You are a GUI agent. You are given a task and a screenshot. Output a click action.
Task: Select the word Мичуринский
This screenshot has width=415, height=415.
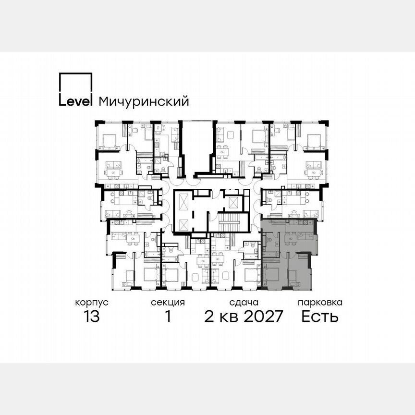(x=143, y=102)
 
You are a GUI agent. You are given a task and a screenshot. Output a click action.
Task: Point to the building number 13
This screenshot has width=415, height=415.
(x=91, y=317)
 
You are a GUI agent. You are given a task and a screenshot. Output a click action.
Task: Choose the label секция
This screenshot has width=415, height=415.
(x=168, y=303)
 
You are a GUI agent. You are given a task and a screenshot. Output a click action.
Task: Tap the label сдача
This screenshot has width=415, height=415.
(x=244, y=303)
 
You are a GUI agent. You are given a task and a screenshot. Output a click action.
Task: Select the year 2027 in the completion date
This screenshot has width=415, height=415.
(x=262, y=317)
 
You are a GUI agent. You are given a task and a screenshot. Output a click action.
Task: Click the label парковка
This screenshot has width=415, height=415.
(x=320, y=303)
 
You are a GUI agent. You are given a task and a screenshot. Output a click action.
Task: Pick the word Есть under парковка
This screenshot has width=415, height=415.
(x=320, y=317)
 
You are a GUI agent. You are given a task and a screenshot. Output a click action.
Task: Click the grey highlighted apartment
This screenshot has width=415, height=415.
(x=288, y=255)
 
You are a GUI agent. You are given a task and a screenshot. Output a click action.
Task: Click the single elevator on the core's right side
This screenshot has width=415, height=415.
(x=234, y=201)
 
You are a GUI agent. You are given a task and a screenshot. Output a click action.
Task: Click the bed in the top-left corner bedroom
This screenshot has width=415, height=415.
(x=109, y=141)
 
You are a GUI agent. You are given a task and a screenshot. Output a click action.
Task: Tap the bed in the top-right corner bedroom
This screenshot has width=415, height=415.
(x=315, y=141)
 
